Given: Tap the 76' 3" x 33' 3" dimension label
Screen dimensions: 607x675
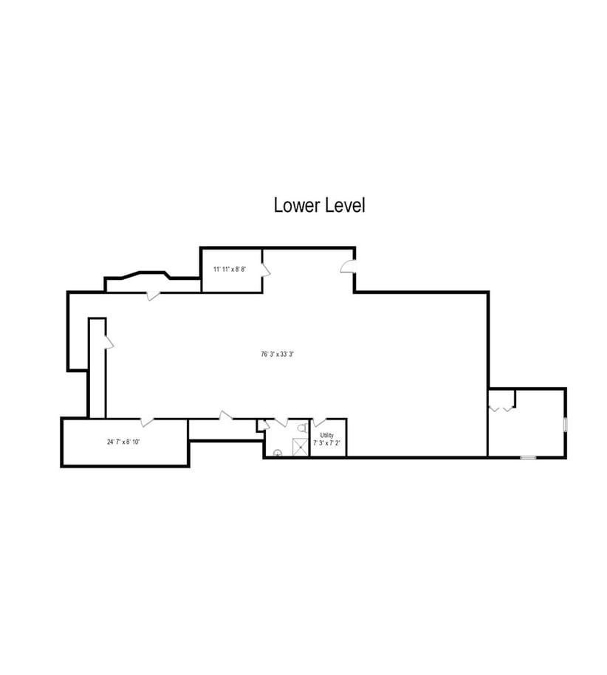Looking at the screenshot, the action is coord(277,354).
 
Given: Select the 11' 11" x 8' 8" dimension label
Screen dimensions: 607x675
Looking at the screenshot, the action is coord(230,270).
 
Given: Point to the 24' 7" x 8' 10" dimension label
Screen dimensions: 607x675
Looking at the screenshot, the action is coord(123,442).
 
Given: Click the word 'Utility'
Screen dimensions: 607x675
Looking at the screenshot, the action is coord(326,435).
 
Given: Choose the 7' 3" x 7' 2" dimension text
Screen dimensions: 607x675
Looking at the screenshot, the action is coord(326,442).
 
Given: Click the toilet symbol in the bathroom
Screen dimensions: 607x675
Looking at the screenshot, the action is coord(303,428).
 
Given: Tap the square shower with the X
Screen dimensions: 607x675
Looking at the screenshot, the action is coord(300,447).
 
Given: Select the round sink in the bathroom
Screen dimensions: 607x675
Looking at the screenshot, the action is coord(278,453).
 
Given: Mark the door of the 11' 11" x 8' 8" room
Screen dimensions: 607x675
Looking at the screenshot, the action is coord(266,270).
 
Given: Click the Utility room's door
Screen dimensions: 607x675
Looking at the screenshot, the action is coord(319,422).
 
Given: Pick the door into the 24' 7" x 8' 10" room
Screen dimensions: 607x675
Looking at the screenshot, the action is coord(148,422).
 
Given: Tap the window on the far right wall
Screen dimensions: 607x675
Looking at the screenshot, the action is coord(565,424).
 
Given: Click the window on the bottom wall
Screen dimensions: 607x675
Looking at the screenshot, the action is coord(528,457).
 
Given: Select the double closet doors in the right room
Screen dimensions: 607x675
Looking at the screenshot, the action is coord(501,408).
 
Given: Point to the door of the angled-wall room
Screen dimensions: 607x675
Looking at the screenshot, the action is coord(154,295).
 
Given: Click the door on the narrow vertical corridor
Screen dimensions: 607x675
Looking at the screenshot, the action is coord(109,341).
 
